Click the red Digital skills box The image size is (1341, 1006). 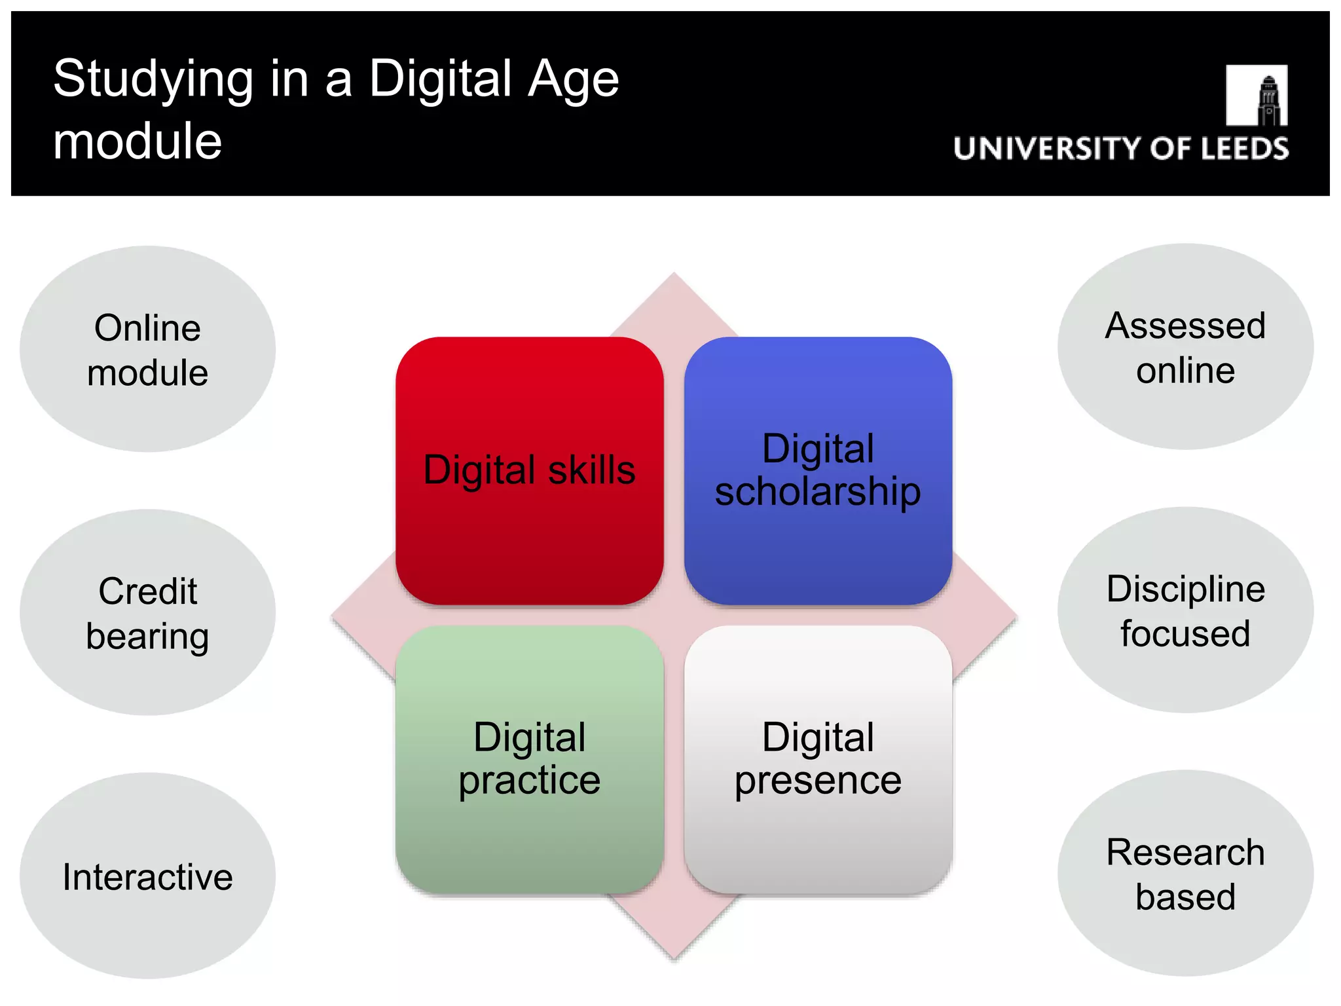pyautogui.click(x=529, y=470)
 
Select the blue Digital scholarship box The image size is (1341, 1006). pyautogui.click(x=818, y=470)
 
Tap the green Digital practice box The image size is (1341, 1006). pyautogui.click(x=529, y=759)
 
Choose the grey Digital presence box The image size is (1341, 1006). pyautogui.click(x=818, y=759)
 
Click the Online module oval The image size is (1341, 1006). pyautogui.click(x=147, y=349)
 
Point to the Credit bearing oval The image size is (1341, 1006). pyautogui.click(x=147, y=612)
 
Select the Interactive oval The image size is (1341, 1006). pyautogui.click(x=147, y=876)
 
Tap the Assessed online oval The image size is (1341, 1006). pyautogui.click(x=1185, y=347)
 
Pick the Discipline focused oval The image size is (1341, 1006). pyautogui.click(x=1185, y=610)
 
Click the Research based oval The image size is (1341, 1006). pyautogui.click(x=1185, y=874)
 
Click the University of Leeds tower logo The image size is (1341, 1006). pyautogui.click(x=1257, y=96)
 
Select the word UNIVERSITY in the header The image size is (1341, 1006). pyautogui.click(x=1048, y=149)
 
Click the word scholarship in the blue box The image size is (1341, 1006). pyautogui.click(x=818, y=493)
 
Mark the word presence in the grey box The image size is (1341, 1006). pyautogui.click(x=818, y=781)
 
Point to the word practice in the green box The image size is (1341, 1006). pyautogui.click(x=529, y=781)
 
